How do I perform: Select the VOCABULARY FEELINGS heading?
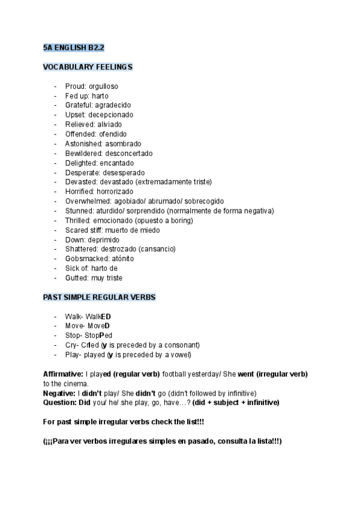(x=88, y=67)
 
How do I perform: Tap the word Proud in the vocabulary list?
(x=74, y=86)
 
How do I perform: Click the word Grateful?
(x=79, y=105)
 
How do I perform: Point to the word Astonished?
(x=83, y=143)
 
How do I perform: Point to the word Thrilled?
(x=78, y=220)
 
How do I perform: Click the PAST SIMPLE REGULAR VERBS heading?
(x=99, y=297)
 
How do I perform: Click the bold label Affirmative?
(x=63, y=374)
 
